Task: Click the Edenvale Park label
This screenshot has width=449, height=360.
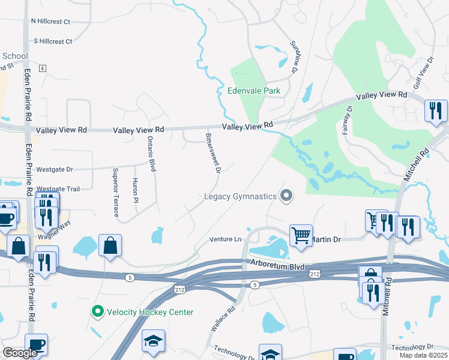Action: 254,91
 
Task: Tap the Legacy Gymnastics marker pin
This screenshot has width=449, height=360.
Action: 287,196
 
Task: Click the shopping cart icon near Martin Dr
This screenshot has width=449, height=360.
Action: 301,235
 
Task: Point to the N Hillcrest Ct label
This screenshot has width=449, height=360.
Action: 51,22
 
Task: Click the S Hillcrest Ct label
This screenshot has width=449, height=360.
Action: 53,41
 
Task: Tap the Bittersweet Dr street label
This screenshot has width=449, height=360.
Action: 213,154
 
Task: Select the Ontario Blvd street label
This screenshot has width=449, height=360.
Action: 151,154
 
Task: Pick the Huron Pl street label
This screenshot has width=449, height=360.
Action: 136,190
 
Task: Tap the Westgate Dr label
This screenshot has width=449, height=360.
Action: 54,170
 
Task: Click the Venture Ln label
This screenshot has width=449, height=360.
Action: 225,239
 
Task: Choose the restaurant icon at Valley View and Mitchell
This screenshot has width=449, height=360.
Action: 436,110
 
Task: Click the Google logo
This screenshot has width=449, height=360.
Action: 20,353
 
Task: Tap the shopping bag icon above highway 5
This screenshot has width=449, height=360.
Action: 110,245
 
